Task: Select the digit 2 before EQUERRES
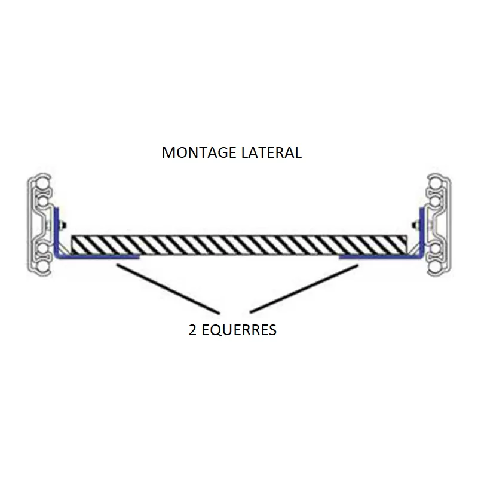(193, 330)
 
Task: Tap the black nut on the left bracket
(63, 225)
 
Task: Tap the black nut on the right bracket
(415, 225)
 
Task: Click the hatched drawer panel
(239, 244)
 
